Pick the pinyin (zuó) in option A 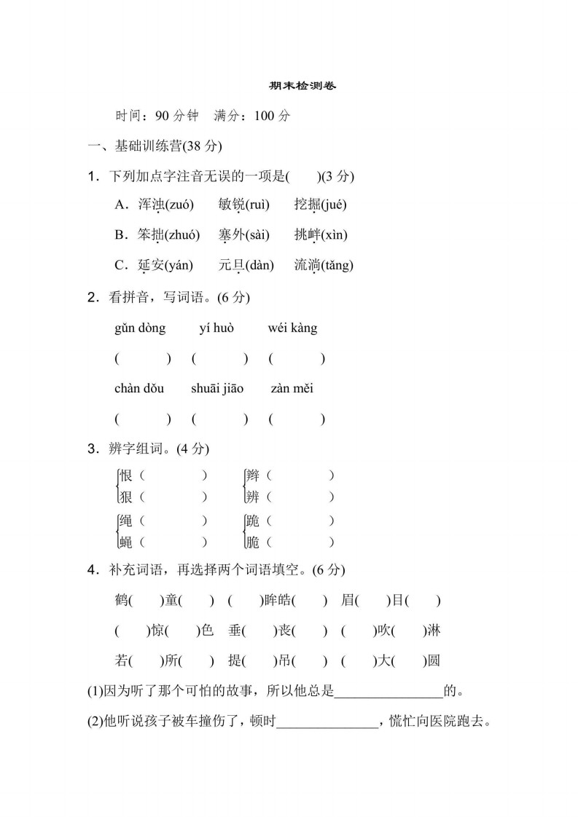click(x=179, y=205)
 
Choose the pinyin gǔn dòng click(x=140, y=328)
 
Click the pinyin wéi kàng click(x=293, y=328)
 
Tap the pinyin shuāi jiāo click(x=217, y=389)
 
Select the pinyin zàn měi click(x=292, y=389)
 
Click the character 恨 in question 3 click(x=126, y=476)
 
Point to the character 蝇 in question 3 click(x=126, y=542)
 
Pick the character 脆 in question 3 click(x=253, y=542)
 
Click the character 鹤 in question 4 click(x=122, y=601)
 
